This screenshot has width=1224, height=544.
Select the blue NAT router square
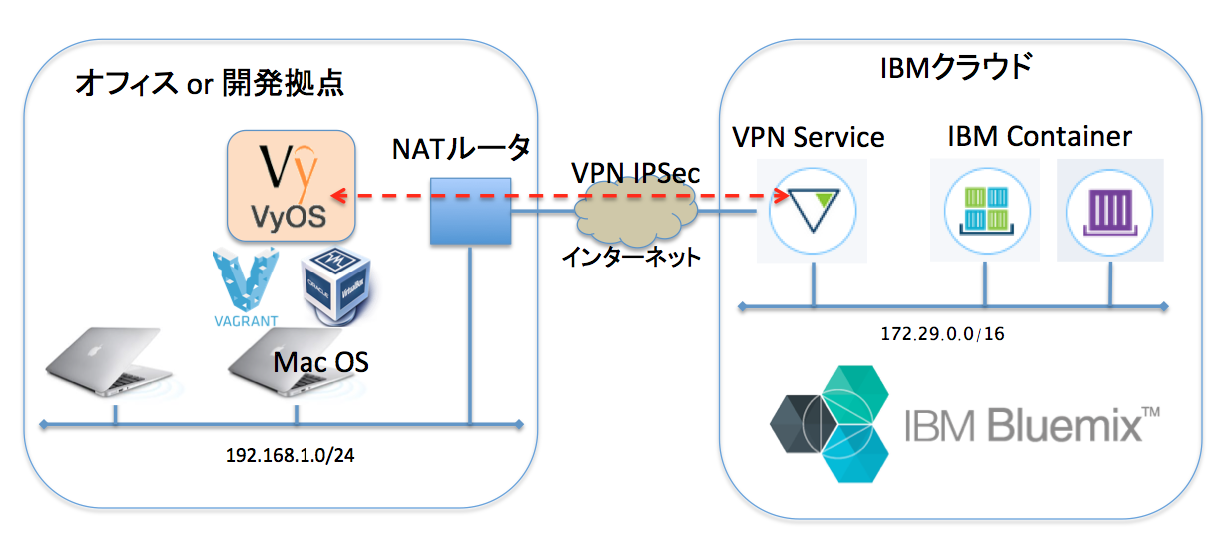(470, 211)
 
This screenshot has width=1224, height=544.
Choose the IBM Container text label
(1039, 135)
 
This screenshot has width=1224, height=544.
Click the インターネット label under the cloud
(629, 257)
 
